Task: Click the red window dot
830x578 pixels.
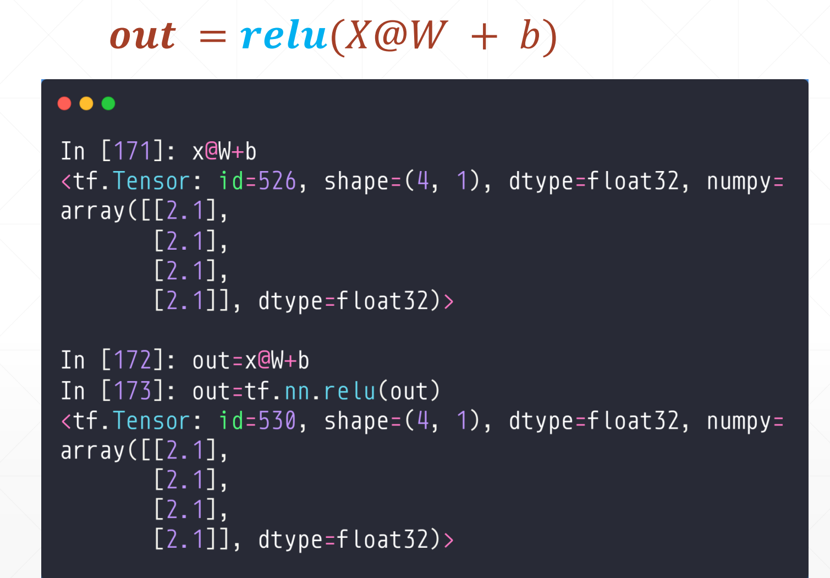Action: coord(64,103)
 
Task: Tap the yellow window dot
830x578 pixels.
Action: coord(86,103)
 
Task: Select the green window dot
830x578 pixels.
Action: coord(108,103)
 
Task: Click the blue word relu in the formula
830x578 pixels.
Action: coord(284,36)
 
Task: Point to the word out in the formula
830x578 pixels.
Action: coord(143,36)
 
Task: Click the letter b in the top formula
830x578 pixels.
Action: coord(530,36)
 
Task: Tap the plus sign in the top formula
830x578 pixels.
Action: coord(485,37)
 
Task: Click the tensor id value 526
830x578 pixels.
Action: coord(277,181)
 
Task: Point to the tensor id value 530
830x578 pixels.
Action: coord(277,421)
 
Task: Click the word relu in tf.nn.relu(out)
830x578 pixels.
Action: coord(349,391)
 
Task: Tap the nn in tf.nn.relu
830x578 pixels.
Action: coord(297,391)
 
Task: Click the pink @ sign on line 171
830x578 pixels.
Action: coord(211,151)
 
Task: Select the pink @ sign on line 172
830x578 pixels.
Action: coord(264,361)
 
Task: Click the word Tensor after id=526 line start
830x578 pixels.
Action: coord(151,181)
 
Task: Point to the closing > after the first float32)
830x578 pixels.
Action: coord(448,301)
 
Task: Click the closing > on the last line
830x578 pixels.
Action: coord(448,540)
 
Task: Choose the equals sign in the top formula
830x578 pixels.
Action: coord(212,37)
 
